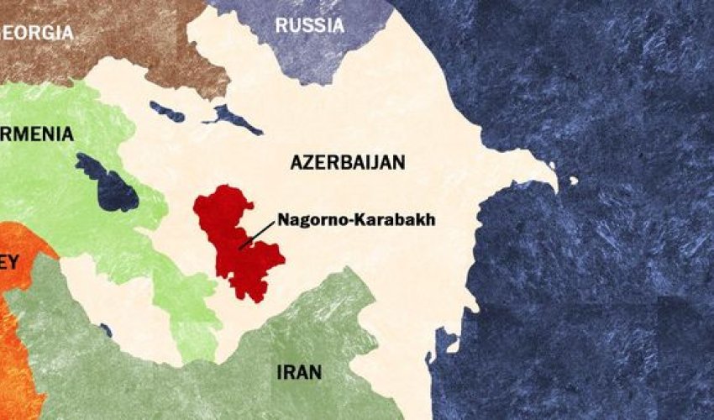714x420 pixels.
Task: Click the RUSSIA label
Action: tap(309, 26)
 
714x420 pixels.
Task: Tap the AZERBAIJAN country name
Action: tap(348, 163)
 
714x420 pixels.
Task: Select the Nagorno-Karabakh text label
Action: tap(357, 222)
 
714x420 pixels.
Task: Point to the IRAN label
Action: tap(298, 371)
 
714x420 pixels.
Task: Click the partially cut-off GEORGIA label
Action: tap(37, 33)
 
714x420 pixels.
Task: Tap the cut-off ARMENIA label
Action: tap(37, 134)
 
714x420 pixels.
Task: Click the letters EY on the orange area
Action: tap(8, 261)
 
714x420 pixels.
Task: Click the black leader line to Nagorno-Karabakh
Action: tap(257, 234)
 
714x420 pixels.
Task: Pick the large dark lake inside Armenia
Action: tap(108, 182)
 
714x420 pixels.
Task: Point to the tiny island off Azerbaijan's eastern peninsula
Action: tap(574, 181)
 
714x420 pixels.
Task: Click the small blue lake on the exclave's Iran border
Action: tap(106, 330)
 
